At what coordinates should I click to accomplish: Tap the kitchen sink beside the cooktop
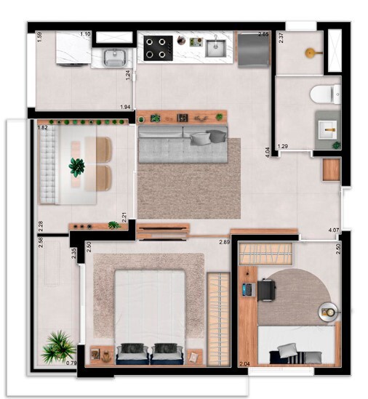point(215,48)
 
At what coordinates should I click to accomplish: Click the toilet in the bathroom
point(323,94)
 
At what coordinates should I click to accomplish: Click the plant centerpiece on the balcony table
point(76,167)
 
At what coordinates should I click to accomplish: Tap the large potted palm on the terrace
point(57,347)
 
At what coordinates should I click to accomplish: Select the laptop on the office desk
point(247,289)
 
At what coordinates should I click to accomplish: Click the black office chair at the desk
point(265,290)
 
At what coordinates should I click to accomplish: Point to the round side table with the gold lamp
point(329,313)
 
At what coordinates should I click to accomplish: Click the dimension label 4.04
point(268,153)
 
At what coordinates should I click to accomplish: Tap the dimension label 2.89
point(225,241)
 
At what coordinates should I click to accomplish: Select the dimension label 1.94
point(126,108)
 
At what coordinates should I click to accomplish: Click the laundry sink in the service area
point(114,56)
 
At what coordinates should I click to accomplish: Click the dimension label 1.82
point(43,127)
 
